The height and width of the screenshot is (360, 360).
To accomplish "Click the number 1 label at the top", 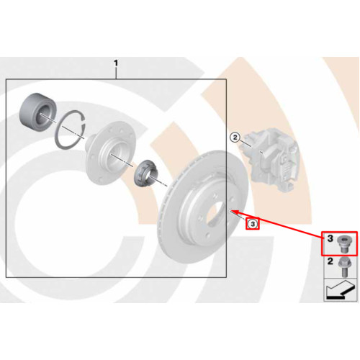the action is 116,63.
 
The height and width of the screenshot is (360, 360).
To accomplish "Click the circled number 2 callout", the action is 235,138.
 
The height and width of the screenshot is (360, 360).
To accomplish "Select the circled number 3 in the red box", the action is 253,224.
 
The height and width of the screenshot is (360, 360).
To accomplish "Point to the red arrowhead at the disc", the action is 234,212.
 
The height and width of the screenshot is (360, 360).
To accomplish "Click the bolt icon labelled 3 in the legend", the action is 343,244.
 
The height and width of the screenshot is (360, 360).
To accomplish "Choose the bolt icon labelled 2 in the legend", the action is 345,267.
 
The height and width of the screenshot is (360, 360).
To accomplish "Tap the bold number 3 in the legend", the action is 330,238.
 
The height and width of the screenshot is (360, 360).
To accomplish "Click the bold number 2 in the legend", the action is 330,261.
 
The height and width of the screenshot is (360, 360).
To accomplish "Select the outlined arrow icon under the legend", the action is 340,289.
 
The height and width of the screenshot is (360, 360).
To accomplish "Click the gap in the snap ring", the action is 84,122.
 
